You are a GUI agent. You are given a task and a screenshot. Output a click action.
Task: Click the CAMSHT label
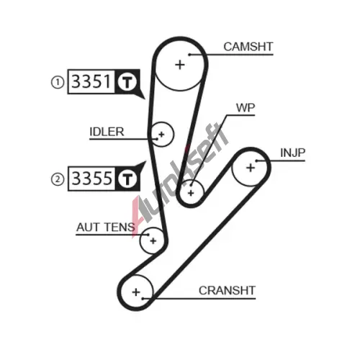point(248,47)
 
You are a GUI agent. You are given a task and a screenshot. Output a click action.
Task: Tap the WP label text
point(246,108)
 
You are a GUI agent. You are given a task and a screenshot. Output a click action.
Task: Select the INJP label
point(293,153)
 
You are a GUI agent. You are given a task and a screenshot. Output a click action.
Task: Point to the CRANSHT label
point(227,291)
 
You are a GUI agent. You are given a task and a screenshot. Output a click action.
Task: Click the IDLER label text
point(107,132)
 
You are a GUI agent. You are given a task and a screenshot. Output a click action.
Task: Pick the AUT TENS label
point(106,227)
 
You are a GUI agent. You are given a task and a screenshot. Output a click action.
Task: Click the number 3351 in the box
point(91,81)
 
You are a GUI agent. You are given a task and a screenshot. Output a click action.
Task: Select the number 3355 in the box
point(91,179)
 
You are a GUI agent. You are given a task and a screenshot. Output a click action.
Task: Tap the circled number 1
point(58,82)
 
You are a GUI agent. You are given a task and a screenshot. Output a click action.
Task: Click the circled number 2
point(58,179)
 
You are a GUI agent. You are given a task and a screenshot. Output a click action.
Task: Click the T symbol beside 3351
point(127,82)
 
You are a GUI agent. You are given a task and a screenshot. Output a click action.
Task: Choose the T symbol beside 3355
point(127,179)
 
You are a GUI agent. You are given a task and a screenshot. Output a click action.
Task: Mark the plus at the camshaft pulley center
point(180,65)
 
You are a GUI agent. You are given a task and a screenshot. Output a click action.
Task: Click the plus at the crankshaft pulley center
point(136,292)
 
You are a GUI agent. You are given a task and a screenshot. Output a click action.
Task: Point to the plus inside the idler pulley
point(161,135)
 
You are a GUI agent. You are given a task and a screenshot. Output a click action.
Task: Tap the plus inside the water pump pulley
point(191,193)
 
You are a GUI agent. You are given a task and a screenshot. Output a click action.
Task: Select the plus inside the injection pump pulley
point(251,168)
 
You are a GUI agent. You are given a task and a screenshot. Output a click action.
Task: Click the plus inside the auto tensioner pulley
point(153,240)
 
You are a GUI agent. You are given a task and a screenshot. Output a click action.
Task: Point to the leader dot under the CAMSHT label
point(189,55)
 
